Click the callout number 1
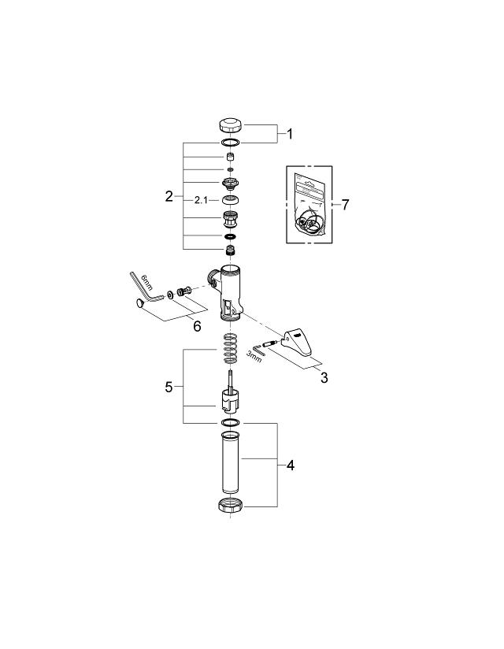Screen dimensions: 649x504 [x=288, y=134]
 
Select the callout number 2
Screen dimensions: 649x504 [x=169, y=196]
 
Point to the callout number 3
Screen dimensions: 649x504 [x=323, y=376]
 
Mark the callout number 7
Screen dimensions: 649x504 [x=345, y=204]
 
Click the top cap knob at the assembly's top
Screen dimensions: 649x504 [x=231, y=124]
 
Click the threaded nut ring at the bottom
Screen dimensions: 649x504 [x=230, y=506]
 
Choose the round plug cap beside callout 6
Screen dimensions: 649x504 [x=140, y=303]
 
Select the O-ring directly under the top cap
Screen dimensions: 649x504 [x=231, y=143]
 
